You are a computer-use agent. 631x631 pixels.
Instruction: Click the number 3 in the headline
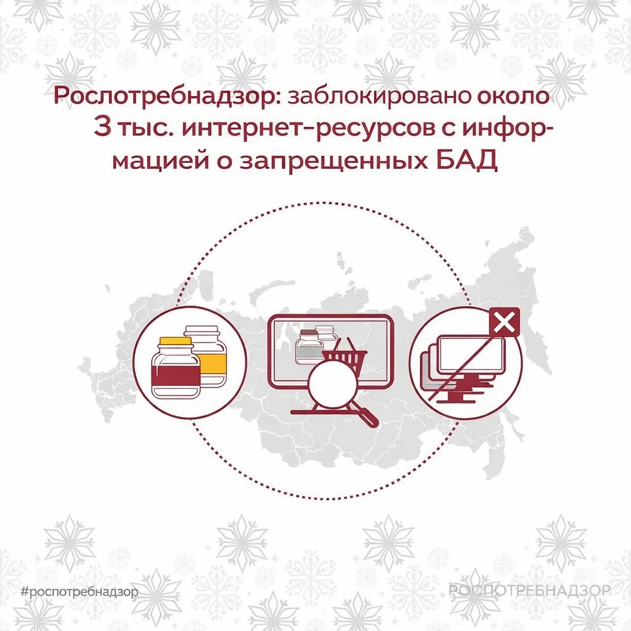(102, 127)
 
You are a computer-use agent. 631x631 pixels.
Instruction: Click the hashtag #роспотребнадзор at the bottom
(79, 592)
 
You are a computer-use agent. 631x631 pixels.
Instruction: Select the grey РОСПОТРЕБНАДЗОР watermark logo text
(529, 590)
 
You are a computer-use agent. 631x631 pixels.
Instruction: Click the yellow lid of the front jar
(176, 343)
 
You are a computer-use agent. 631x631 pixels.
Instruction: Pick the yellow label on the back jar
(212, 362)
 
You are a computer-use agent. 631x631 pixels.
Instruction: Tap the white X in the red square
(504, 323)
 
